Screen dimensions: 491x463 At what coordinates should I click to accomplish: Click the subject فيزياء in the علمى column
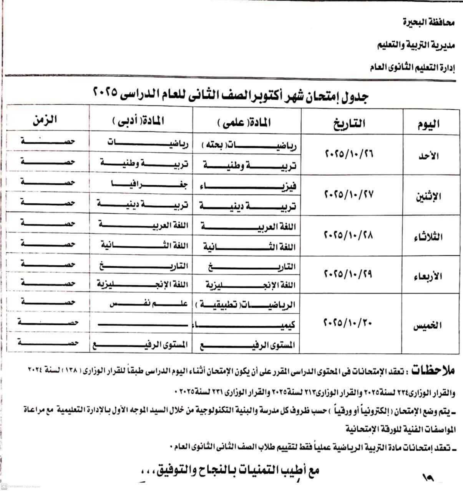248,187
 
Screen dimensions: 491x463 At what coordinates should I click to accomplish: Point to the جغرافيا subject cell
143,184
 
